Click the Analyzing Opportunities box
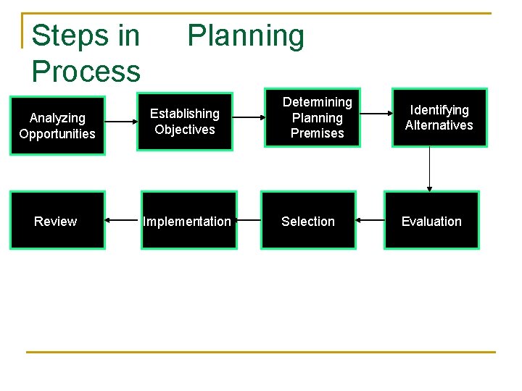click(57, 125)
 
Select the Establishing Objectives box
click(185, 122)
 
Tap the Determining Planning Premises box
click(317, 117)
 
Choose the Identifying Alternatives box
click(439, 117)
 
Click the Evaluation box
click(431, 221)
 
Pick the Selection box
click(308, 221)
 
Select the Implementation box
click(188, 221)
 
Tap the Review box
click(57, 221)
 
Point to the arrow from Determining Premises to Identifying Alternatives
click(376, 114)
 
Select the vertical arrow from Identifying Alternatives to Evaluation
click(430, 168)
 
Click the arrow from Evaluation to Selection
click(370, 220)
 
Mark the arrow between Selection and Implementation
click(249, 220)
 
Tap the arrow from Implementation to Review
click(123, 220)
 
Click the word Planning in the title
click(246, 35)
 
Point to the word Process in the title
click(86, 71)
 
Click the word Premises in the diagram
click(317, 133)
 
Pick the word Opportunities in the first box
click(57, 134)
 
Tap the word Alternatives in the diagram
click(439, 125)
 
